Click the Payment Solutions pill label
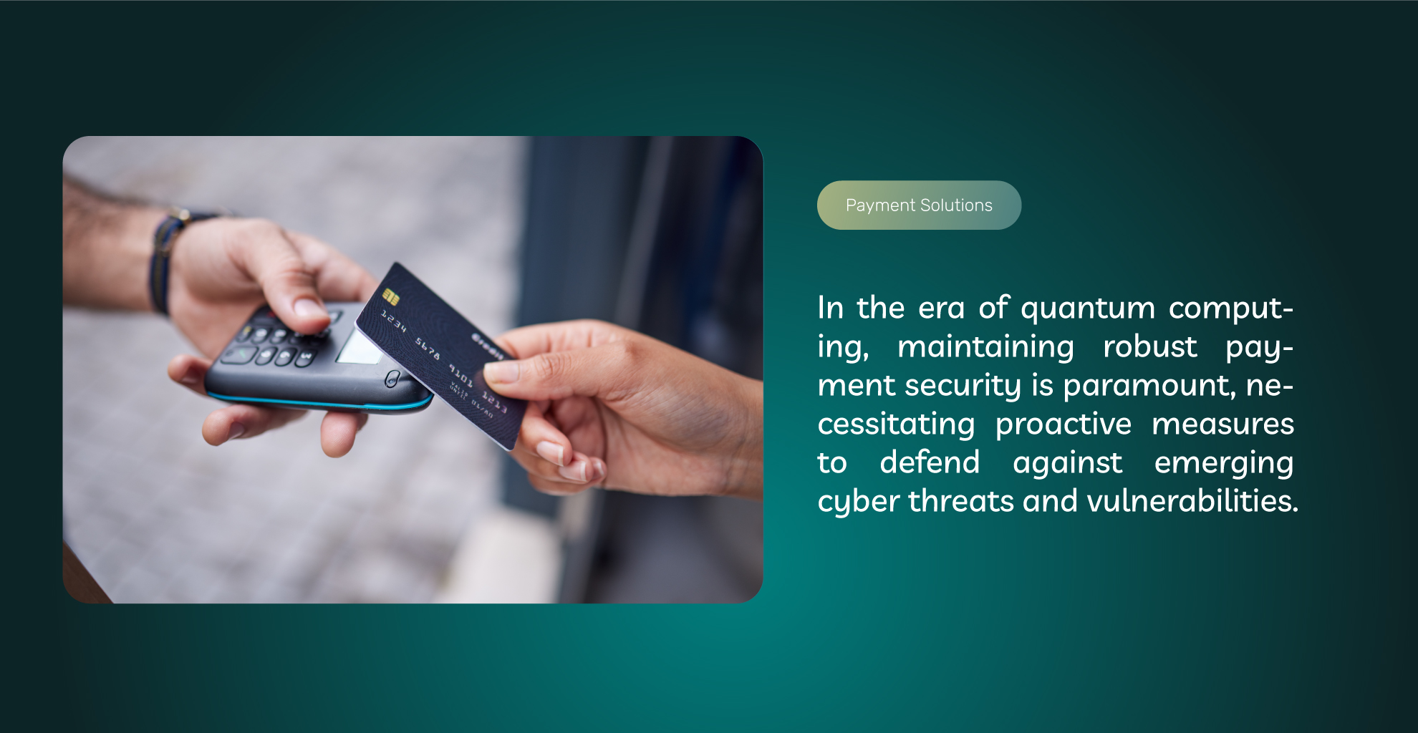click(x=919, y=205)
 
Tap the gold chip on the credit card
click(x=390, y=296)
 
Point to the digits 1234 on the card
click(x=393, y=321)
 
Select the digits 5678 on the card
click(x=428, y=348)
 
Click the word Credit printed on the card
click(x=487, y=345)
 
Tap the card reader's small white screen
click(x=358, y=347)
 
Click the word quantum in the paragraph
click(x=1088, y=309)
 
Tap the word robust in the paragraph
click(x=1150, y=346)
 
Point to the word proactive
click(x=1063, y=425)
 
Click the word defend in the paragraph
click(x=930, y=462)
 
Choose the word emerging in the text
click(x=1224, y=464)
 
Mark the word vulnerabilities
click(x=1192, y=501)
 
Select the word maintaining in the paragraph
click(x=986, y=346)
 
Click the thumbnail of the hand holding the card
click(x=413, y=369)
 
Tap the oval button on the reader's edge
click(x=392, y=378)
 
